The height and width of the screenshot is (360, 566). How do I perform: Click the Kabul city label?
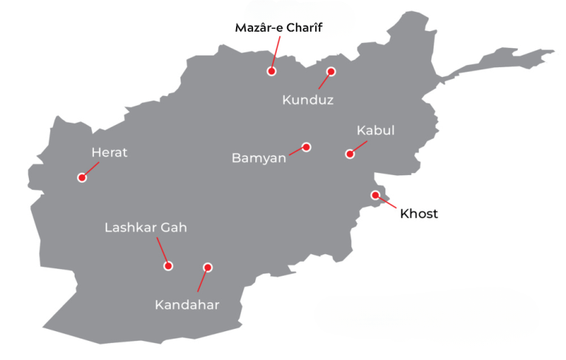click(375, 131)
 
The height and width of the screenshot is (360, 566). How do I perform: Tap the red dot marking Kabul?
click(350, 154)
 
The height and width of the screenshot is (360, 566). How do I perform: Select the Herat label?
click(110, 153)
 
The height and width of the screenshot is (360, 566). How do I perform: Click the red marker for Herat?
click(82, 177)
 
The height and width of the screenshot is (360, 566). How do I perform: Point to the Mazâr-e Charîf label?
click(279, 28)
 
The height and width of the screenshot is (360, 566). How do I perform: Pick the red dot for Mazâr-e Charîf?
click(272, 72)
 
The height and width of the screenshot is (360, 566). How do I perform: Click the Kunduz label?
click(308, 100)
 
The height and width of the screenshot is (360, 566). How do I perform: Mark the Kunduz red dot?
click(331, 72)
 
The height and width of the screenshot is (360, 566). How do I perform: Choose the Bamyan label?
click(259, 158)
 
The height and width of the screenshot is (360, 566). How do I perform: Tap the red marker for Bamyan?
click(306, 147)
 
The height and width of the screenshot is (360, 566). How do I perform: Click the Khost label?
click(419, 214)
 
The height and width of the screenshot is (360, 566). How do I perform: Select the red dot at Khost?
click(375, 195)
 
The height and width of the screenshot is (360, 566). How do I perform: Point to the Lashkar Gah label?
click(146, 228)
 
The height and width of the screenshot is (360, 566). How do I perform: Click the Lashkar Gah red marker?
click(169, 266)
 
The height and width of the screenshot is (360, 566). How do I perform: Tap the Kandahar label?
click(187, 305)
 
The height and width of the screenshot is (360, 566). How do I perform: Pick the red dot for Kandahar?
click(208, 268)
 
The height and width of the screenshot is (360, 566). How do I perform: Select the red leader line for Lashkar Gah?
click(162, 250)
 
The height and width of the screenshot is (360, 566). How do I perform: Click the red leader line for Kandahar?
click(202, 282)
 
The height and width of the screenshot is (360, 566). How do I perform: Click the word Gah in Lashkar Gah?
click(174, 228)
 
